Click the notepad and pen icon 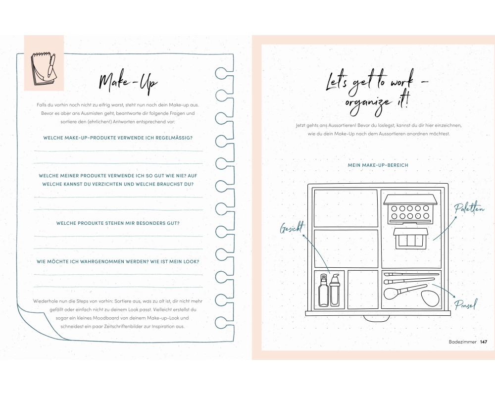point(44,69)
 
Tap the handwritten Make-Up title point(128,83)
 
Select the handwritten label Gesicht point(292,227)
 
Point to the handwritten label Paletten point(469,208)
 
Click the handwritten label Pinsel point(465,304)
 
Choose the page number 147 point(483,342)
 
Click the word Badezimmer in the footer point(462,342)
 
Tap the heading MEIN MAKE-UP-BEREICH point(378,165)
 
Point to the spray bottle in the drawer point(323,291)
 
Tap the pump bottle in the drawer point(335,290)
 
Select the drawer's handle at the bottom point(378,318)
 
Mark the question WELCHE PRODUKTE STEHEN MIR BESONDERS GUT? point(118,223)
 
